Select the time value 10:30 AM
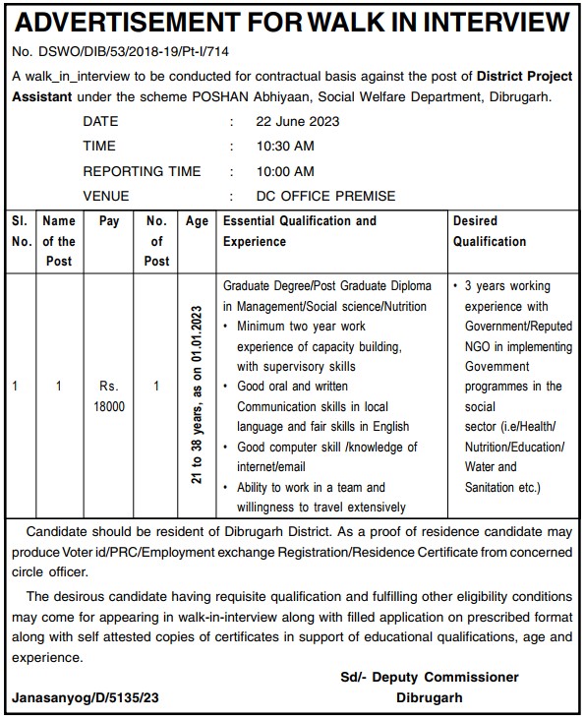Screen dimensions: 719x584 [x=285, y=147]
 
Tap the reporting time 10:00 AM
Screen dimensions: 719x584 [x=285, y=171]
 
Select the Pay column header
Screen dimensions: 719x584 [x=109, y=222]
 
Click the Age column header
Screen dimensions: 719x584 [x=197, y=222]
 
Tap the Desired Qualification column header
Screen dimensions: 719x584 [x=489, y=231]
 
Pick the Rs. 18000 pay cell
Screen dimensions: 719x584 [x=109, y=396]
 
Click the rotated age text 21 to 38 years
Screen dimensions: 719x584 [x=198, y=397]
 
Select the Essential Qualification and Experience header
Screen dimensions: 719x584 [x=299, y=231]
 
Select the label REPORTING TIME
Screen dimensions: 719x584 [x=142, y=171]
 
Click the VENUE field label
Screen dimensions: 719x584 [x=106, y=196]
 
